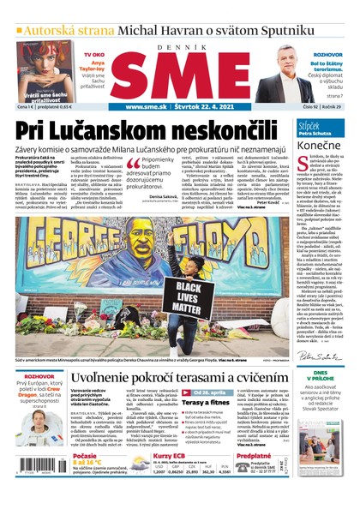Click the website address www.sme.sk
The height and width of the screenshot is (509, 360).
point(145,107)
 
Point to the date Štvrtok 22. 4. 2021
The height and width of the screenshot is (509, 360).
point(202,107)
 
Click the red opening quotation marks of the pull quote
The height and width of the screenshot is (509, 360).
point(134,163)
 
